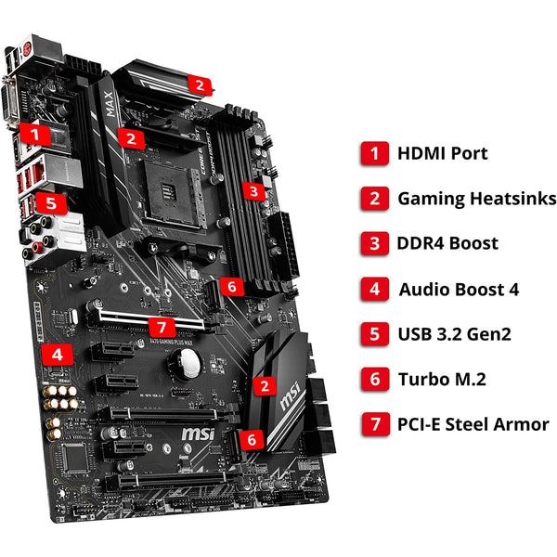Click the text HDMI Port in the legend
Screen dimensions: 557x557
coord(442,153)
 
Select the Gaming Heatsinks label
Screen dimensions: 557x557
coord(476,199)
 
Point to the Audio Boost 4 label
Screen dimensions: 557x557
coord(459,289)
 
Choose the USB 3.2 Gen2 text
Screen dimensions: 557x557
coord(454,334)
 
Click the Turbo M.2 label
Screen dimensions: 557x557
coord(442,380)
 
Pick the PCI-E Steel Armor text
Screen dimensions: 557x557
coord(473,425)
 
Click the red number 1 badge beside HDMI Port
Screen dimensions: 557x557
coord(374,153)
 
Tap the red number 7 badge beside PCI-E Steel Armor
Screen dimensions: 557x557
coord(374,425)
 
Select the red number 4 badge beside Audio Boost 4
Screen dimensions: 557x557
coord(374,289)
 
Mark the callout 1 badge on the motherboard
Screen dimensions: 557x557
coord(35,134)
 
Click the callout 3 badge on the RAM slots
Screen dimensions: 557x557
coord(253,191)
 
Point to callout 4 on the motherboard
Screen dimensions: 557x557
coord(58,354)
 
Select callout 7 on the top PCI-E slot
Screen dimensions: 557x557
coord(162,327)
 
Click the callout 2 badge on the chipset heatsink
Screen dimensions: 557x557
coord(266,384)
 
